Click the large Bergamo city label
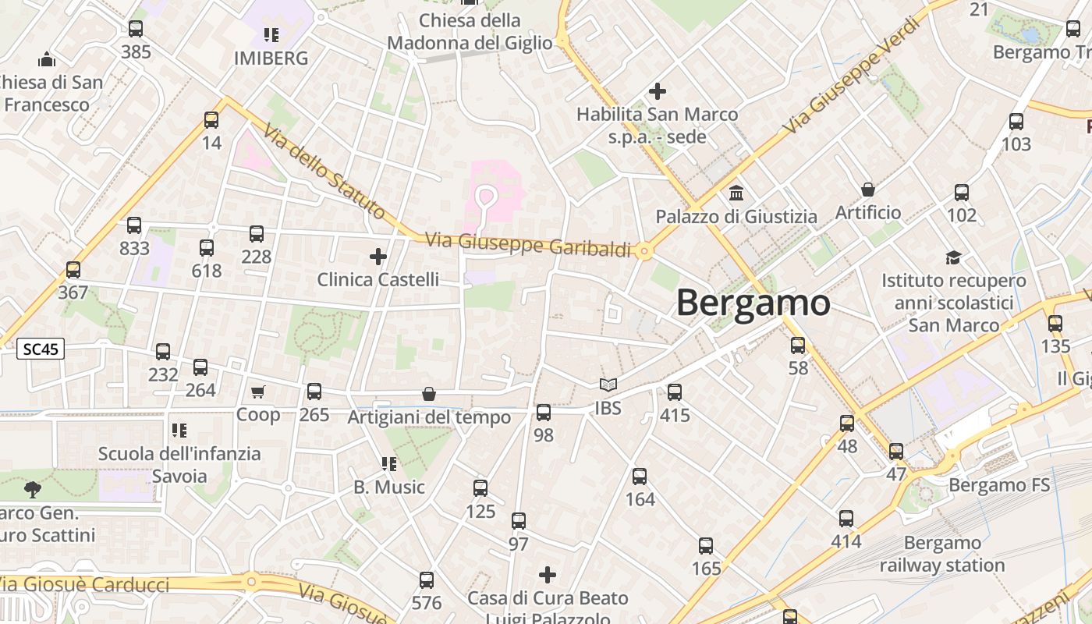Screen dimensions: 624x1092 (x=753, y=303)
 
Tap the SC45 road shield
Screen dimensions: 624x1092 (x=41, y=349)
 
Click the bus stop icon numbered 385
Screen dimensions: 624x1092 (x=136, y=29)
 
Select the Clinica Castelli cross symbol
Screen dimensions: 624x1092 (x=378, y=256)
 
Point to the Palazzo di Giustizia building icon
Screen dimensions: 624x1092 (x=736, y=193)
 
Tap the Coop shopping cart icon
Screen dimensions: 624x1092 (x=258, y=392)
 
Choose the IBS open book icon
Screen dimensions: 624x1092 (x=608, y=385)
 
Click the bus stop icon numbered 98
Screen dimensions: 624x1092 (x=544, y=413)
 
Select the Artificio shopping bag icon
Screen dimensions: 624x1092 (x=867, y=190)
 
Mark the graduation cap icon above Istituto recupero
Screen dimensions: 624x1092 (x=953, y=257)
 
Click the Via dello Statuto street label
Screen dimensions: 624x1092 (x=324, y=172)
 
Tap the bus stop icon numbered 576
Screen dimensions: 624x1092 (x=427, y=580)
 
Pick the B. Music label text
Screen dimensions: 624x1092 (x=389, y=487)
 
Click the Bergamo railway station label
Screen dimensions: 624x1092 (x=942, y=554)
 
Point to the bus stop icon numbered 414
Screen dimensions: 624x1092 (x=846, y=519)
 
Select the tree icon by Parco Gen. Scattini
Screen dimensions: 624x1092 (x=33, y=490)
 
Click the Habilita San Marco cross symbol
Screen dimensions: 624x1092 (x=658, y=91)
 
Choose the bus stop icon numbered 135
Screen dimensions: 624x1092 (x=1055, y=323)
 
